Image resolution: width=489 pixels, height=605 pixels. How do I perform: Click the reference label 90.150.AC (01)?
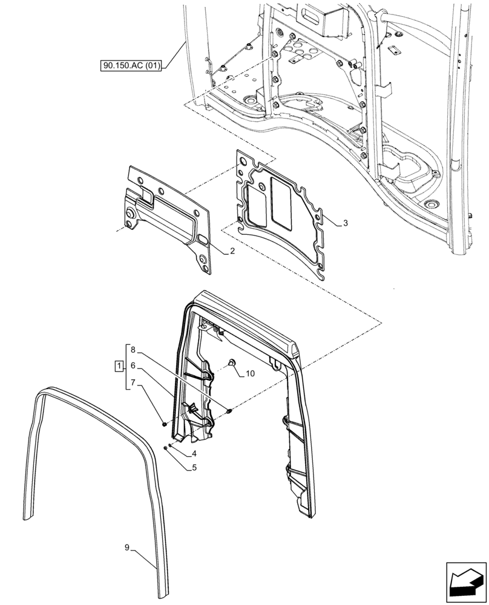[131, 65]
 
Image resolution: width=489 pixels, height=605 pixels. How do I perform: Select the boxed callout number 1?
[119, 366]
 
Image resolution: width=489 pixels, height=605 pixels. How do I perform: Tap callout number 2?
[232, 251]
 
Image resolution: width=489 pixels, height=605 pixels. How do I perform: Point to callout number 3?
[345, 223]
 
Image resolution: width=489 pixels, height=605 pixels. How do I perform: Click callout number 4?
[194, 453]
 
